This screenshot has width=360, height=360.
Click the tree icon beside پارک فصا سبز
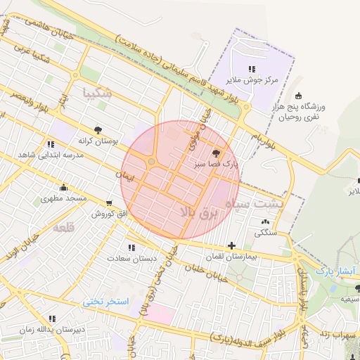click(x=215, y=153)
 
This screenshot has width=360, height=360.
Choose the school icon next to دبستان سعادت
click(x=131, y=247)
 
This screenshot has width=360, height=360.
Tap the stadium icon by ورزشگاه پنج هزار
click(x=298, y=96)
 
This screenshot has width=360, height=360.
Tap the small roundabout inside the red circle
click(x=152, y=162)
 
